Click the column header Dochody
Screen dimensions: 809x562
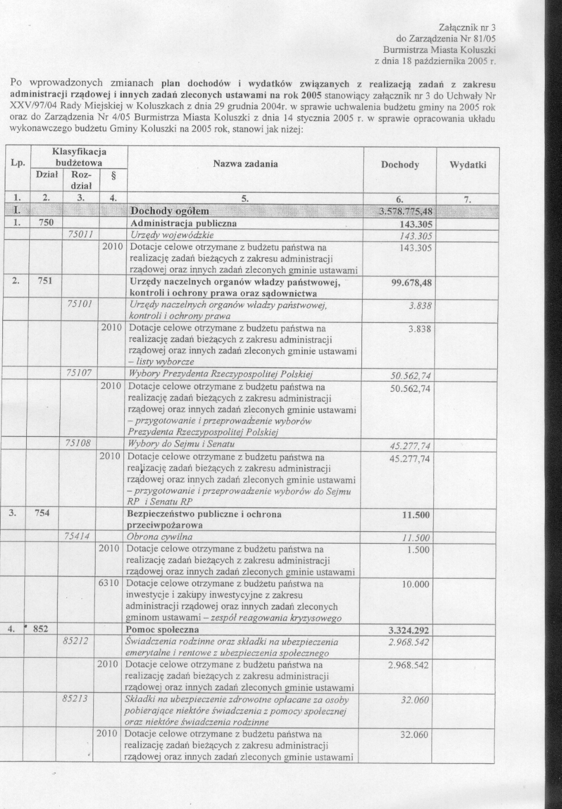pyautogui.click(x=400, y=165)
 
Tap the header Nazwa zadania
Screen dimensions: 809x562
pyautogui.click(x=245, y=164)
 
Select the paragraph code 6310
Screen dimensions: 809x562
pyautogui.click(x=110, y=584)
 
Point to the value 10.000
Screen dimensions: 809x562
pyautogui.click(x=415, y=585)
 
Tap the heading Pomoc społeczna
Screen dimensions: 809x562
pyautogui.click(x=163, y=630)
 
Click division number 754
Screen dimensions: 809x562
pyautogui.click(x=42, y=514)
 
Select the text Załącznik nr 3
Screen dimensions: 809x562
pyautogui.click(x=466, y=27)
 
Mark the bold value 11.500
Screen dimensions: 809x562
pyautogui.click(x=415, y=515)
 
